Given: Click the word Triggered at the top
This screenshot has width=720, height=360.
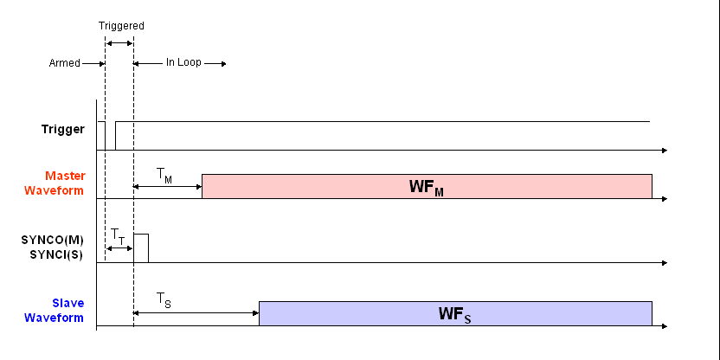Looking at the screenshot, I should point(120,26).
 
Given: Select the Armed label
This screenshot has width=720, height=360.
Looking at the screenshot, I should point(65,63).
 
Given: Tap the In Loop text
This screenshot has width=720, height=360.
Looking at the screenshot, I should point(183,63).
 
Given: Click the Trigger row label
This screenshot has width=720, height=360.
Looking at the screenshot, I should point(63,129).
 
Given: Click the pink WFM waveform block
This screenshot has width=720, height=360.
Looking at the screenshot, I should point(426,187).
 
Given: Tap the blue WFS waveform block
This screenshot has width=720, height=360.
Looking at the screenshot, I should point(455,314).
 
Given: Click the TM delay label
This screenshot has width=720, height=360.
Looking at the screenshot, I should point(164,176).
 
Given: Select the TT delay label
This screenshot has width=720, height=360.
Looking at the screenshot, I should point(118,235).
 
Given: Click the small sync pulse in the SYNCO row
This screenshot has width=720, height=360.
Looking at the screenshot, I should point(141,247).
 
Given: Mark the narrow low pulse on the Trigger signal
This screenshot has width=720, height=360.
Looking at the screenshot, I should point(110,136).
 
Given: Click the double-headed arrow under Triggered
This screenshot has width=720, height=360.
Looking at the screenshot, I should point(119,43).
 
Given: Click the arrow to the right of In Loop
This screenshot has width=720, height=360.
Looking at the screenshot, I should point(216,63).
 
